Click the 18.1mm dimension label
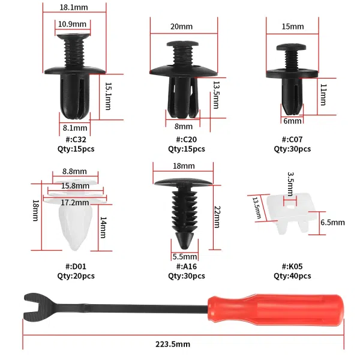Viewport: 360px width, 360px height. coord(74,7)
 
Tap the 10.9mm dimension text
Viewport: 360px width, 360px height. coord(72,24)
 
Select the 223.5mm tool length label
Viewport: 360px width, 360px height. coord(173,344)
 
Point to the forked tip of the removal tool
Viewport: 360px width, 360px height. coord(34,307)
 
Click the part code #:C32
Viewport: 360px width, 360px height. coord(76,139)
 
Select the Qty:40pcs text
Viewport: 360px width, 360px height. coord(292,276)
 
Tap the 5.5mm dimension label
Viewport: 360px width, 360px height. coord(185,257)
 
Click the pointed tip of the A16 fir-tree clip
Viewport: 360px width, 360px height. coord(185,248)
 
